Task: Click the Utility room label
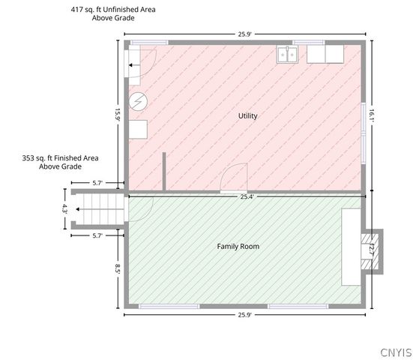247,116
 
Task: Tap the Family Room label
238,247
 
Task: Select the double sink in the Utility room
287,54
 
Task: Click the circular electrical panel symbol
138,101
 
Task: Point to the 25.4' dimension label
247,196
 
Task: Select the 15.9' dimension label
118,115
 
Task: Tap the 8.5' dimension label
118,269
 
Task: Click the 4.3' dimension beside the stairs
64,208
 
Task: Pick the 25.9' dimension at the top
245,34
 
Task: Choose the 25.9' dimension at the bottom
245,315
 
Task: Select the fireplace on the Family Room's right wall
372,252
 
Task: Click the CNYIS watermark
397,352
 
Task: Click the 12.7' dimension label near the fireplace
371,250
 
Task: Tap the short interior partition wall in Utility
164,171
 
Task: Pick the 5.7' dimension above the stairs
97,183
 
